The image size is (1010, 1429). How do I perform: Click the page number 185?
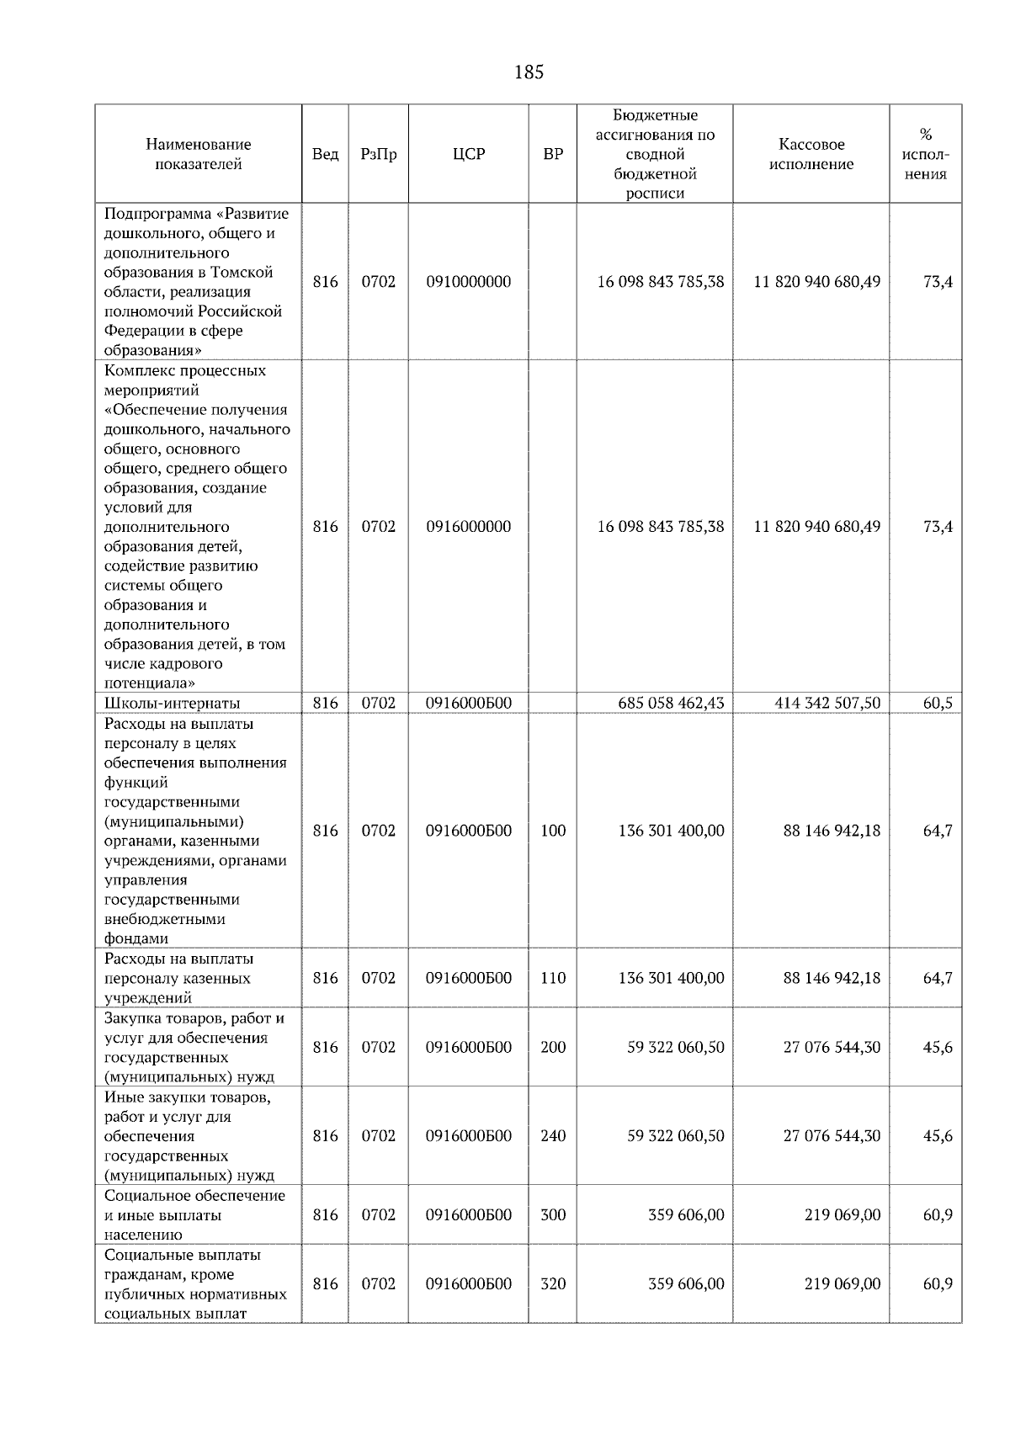[x=529, y=72]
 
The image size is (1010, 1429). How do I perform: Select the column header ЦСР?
[x=469, y=154]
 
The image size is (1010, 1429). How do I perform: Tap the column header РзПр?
[x=378, y=154]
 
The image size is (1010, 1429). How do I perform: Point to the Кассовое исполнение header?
[x=811, y=154]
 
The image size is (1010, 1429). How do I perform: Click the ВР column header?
[x=553, y=154]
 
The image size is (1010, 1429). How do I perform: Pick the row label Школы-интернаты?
[x=172, y=703]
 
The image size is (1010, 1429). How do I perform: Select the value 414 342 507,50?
[x=827, y=703]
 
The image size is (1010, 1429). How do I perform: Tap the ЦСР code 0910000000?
[x=469, y=282]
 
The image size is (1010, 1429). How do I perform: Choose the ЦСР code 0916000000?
[x=469, y=527]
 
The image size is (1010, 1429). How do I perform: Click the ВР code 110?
[x=553, y=978]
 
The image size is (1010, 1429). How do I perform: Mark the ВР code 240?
[x=553, y=1136]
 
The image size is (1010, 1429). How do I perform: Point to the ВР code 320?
[x=553, y=1284]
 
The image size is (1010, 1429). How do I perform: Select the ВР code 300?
[x=553, y=1215]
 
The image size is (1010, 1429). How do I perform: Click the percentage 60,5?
[x=938, y=703]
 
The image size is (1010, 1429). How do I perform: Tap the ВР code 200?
[x=553, y=1048]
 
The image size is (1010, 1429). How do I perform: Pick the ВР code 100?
[x=553, y=831]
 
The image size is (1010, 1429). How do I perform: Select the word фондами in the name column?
[x=136, y=938]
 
